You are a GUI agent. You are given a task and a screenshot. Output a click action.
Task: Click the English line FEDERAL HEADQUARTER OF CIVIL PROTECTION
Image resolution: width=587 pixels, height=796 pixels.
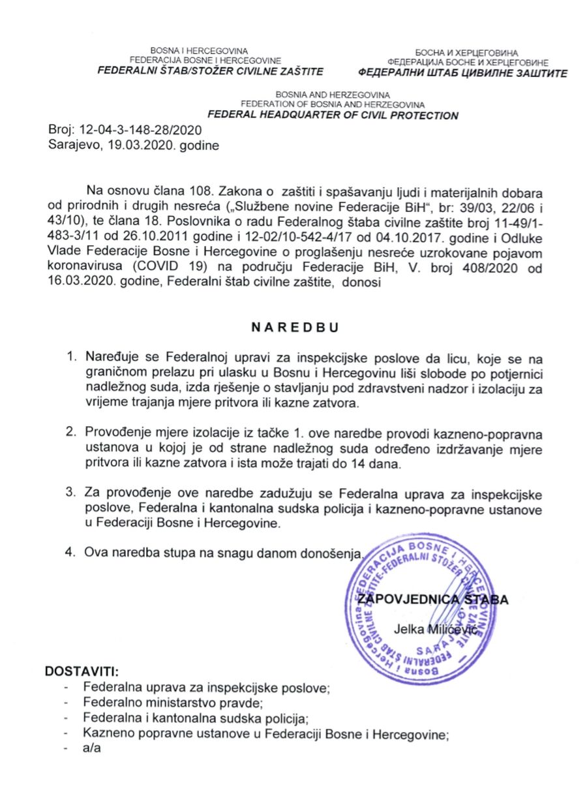(333, 115)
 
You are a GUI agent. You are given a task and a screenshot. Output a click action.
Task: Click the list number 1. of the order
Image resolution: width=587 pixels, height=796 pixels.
(72, 358)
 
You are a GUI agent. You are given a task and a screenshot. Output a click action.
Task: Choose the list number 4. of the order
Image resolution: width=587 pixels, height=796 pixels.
(72, 553)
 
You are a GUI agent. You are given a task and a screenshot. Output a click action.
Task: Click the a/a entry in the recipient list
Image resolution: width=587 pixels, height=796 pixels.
(90, 748)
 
